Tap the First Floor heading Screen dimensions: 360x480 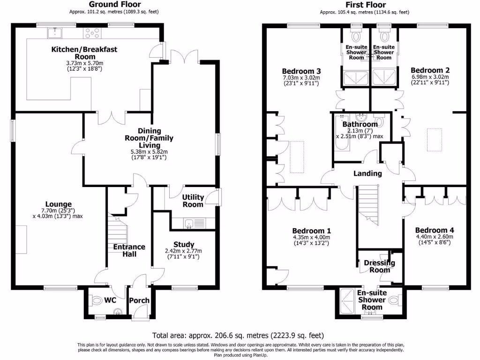coord(364,4)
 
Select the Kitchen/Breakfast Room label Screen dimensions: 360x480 coord(84,52)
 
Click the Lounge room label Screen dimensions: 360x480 coord(56,204)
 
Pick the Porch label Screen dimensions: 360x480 coord(139,300)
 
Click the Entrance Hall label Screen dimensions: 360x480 coord(129,250)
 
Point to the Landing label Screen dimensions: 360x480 coord(367,173)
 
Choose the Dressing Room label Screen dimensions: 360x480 coord(380,266)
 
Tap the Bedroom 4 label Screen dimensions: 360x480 coord(434,230)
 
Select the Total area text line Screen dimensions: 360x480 coord(238,336)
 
